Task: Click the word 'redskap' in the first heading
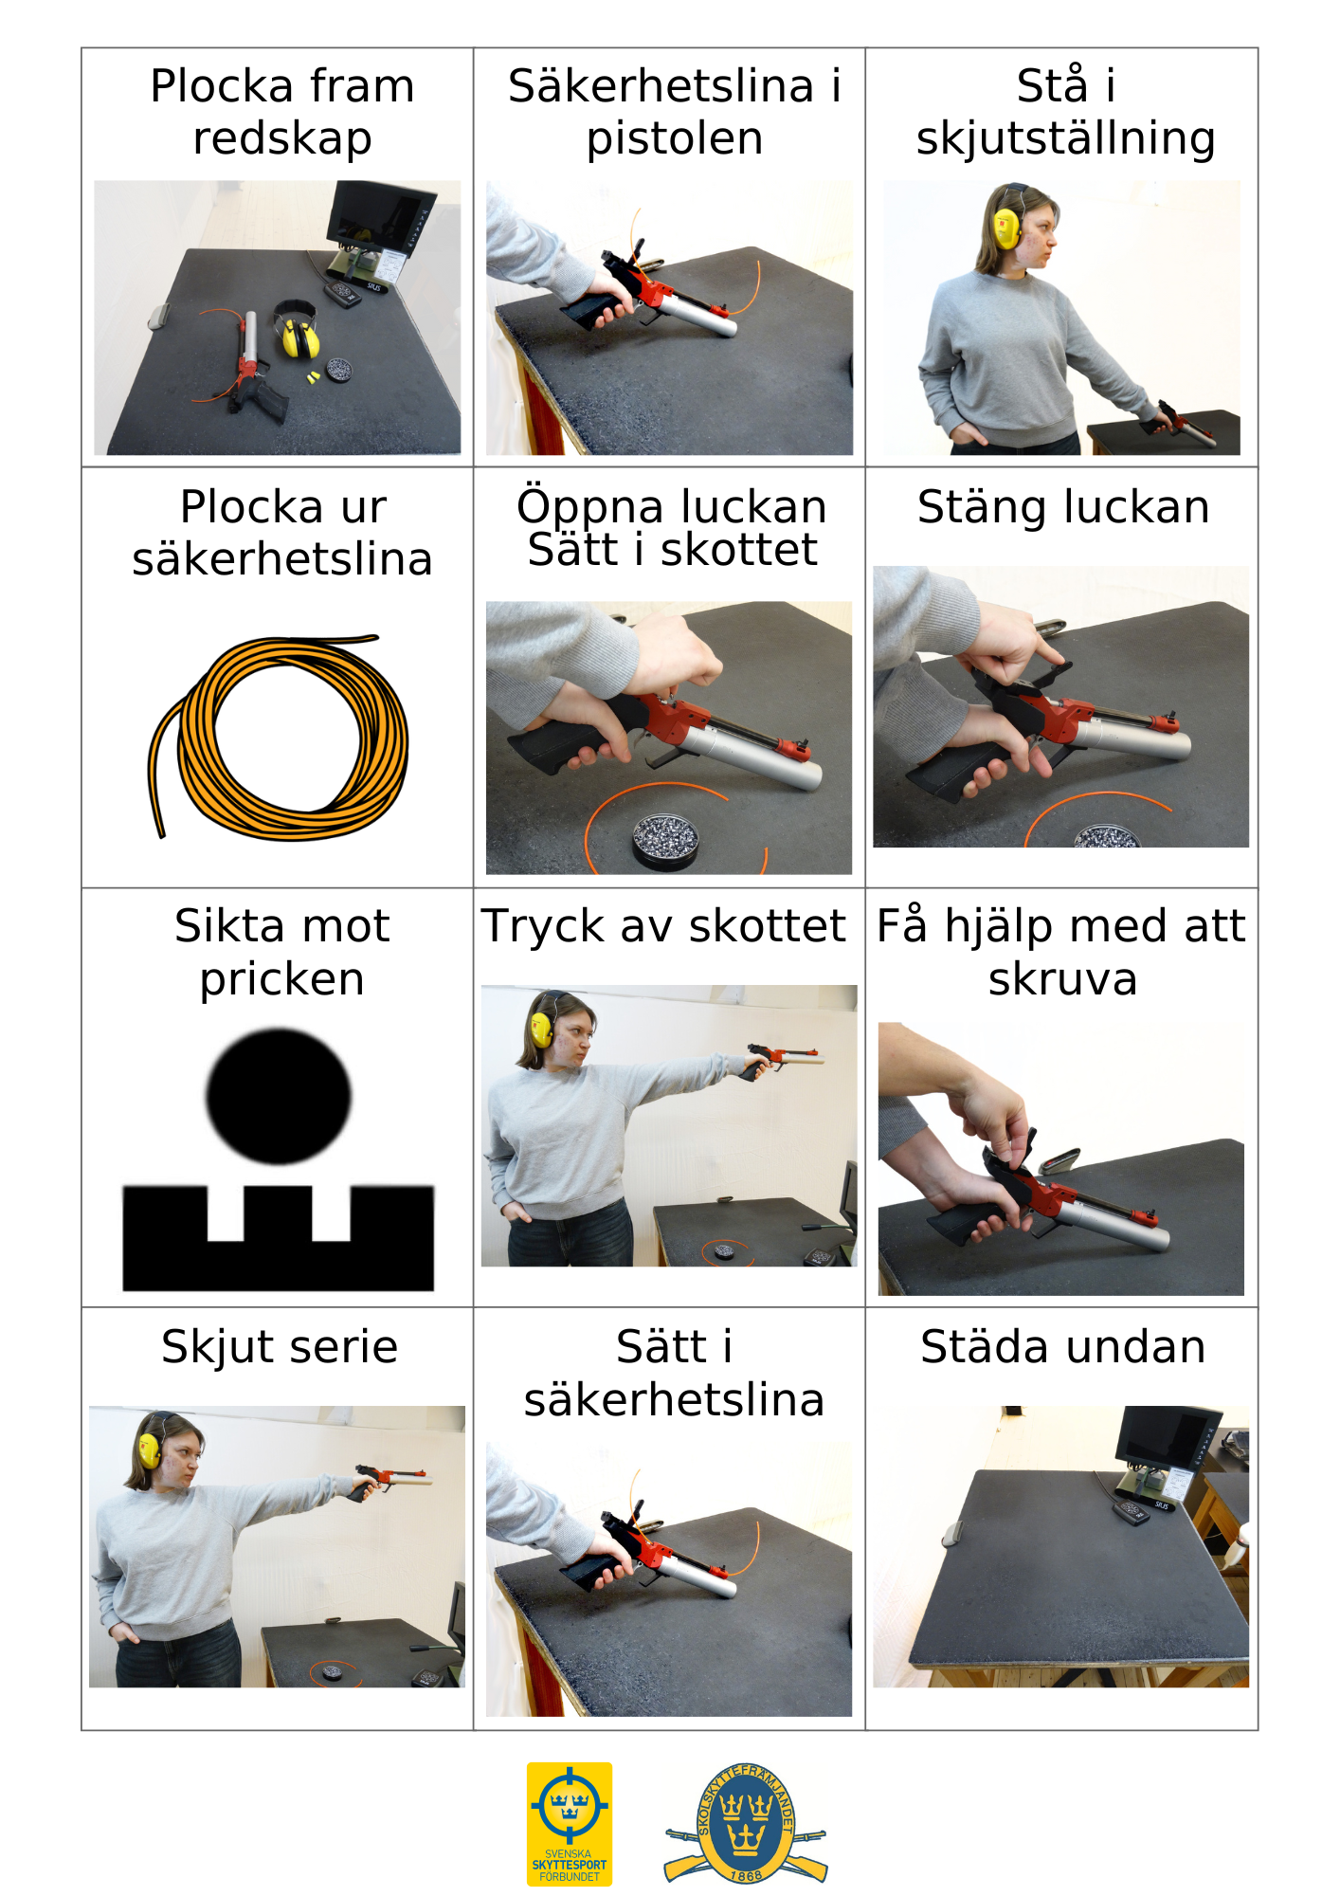(282, 138)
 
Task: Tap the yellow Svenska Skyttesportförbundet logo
(570, 1823)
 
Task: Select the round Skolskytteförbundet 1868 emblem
(745, 1823)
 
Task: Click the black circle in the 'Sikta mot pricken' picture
(279, 1096)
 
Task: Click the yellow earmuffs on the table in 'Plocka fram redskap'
(296, 328)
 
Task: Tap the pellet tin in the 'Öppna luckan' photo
(665, 838)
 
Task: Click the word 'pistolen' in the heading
(675, 138)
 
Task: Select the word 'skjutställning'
(1065, 138)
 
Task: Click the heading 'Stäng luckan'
(1063, 507)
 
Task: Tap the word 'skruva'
(1062, 979)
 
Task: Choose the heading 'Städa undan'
(1063, 1347)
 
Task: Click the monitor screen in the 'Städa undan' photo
(1164, 1434)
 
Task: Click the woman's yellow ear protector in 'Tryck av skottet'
(541, 1030)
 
